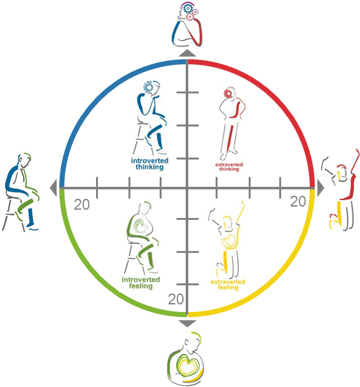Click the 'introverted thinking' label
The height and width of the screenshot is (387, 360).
coord(149,164)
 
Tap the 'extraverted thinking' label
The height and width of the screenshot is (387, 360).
coord(229,167)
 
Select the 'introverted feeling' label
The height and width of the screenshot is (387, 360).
coord(141,283)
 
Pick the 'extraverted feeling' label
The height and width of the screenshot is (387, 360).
coord(228,285)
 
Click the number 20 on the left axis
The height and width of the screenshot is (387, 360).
coord(82,205)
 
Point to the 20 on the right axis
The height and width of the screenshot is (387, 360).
coord(298,201)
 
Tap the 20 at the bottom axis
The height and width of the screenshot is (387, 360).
coord(176,299)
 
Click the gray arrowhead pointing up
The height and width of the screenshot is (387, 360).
coord(187,53)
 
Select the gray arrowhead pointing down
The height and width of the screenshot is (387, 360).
coord(187,323)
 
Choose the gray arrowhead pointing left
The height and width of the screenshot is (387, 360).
coord(53,188)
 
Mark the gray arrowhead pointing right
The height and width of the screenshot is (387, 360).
coord(321,188)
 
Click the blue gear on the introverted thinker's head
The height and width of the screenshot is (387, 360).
coord(148,87)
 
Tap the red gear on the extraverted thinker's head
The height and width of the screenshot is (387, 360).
coord(228,93)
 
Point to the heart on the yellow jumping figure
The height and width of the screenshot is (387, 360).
coord(229,241)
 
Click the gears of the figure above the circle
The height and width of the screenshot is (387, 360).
coord(190,12)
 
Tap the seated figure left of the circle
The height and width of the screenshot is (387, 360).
coord(21,193)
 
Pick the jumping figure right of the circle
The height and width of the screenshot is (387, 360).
coord(340,190)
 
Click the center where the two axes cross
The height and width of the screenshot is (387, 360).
coord(187,188)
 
